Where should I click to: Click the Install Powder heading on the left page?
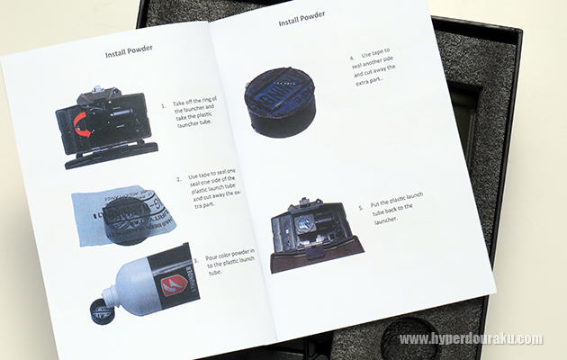[x=129, y=51]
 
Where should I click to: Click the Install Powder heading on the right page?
[x=301, y=18]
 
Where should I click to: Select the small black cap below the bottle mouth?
[x=102, y=311]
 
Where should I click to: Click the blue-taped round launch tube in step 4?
[x=280, y=103]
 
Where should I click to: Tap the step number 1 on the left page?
[x=164, y=106]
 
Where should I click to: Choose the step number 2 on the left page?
[x=179, y=179]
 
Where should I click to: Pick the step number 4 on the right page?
[x=352, y=58]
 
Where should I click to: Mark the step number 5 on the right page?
[x=361, y=208]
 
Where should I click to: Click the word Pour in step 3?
[x=211, y=257]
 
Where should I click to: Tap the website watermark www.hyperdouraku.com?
[x=471, y=339]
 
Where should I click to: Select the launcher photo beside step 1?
[x=107, y=127]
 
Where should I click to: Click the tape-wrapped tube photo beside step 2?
[x=123, y=215]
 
